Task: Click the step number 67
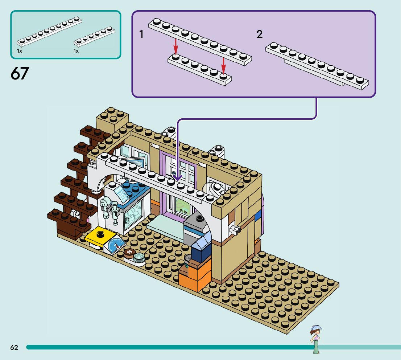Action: click(20, 73)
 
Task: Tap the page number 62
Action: click(15, 347)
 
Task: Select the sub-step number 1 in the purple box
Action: click(141, 34)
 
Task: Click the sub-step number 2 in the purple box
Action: click(260, 34)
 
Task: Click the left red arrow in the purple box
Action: click(176, 46)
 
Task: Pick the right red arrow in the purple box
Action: click(223, 66)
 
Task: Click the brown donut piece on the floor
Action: click(130, 253)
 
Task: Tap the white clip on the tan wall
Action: click(235, 229)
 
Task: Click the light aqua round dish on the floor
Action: click(139, 257)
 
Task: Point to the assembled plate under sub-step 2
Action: click(317, 66)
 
